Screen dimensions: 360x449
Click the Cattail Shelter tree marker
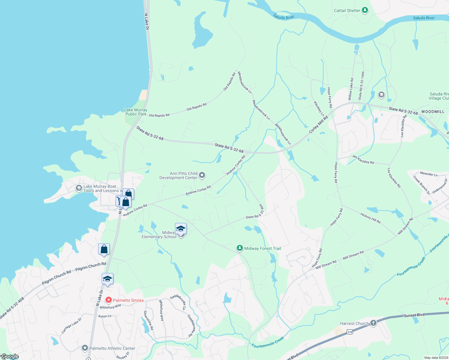pyautogui.click(x=365, y=10)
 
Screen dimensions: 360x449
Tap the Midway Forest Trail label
pyautogui.click(x=263, y=248)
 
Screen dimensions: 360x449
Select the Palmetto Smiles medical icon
pyautogui.click(x=108, y=300)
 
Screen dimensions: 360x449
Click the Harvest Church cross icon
pyautogui.click(x=373, y=323)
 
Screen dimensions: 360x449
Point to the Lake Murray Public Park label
pyautogui.click(x=136, y=112)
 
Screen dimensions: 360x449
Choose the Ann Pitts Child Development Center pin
pyautogui.click(x=202, y=175)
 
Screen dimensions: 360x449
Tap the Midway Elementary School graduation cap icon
pyautogui.click(x=181, y=229)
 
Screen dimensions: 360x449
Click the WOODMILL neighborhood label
pyautogui.click(x=432, y=112)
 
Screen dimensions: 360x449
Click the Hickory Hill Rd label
pyautogui.click(x=370, y=218)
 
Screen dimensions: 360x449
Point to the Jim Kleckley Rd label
pyautogui.click(x=363, y=160)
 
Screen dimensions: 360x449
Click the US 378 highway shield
pyautogui.click(x=349, y=332)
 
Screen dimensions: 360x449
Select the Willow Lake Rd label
pyautogui.click(x=351, y=89)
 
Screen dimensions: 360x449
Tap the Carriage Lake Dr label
pyautogui.click(x=71, y=326)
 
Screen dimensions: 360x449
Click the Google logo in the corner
pyautogui.click(x=10, y=356)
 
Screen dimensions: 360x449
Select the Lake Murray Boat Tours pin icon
pyautogui.click(x=79, y=188)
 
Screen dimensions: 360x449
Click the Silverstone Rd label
pyautogui.click(x=148, y=320)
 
